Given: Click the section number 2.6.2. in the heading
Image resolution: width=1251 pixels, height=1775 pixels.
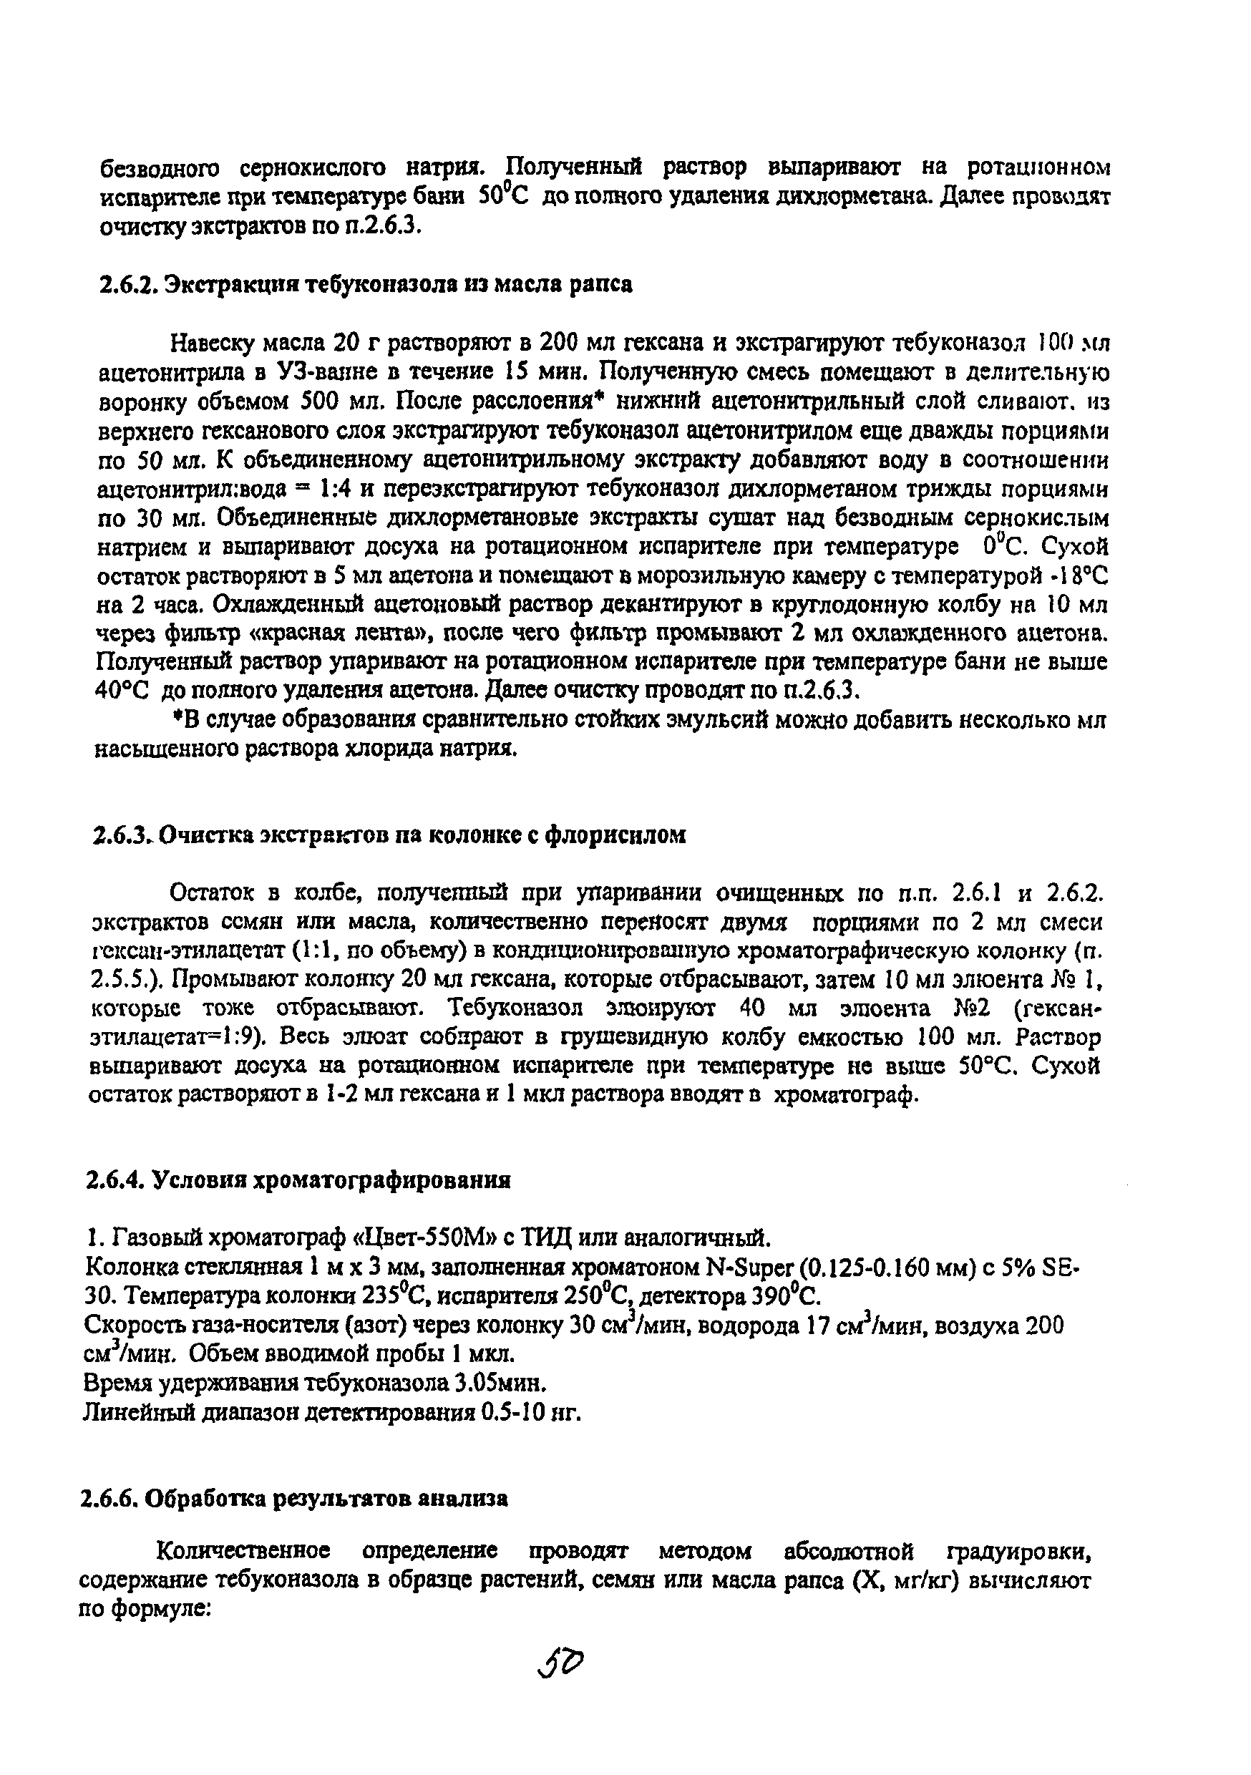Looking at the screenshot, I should point(130,284).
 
